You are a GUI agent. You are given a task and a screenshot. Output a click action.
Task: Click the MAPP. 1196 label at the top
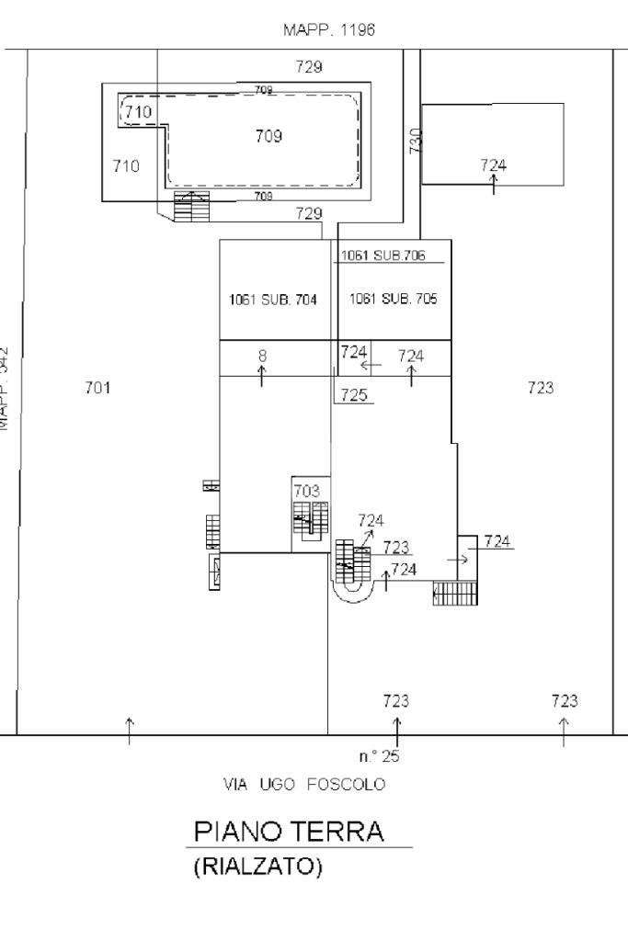[x=331, y=29]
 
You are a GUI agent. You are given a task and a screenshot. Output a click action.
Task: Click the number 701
[x=97, y=388]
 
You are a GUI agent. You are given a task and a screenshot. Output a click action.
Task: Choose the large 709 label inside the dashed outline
[x=268, y=137]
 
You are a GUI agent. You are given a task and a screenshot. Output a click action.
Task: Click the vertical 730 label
[x=415, y=141]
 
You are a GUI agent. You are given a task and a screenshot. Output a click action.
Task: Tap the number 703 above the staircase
[x=307, y=492]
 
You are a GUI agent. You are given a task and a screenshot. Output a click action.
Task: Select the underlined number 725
[x=354, y=395]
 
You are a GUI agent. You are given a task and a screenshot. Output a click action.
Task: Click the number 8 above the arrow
[x=262, y=355]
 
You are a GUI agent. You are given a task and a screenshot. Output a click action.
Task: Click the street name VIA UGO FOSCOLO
[x=304, y=785]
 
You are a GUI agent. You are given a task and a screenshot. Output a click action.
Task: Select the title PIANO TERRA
[x=289, y=833]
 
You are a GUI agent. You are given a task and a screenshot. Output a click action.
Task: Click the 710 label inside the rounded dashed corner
[x=138, y=112]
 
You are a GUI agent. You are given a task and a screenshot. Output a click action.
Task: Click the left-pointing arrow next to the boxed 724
[x=371, y=366]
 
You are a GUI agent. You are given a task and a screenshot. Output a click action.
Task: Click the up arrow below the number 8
[x=262, y=375]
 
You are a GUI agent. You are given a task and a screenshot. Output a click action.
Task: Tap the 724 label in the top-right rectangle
[x=493, y=165]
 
